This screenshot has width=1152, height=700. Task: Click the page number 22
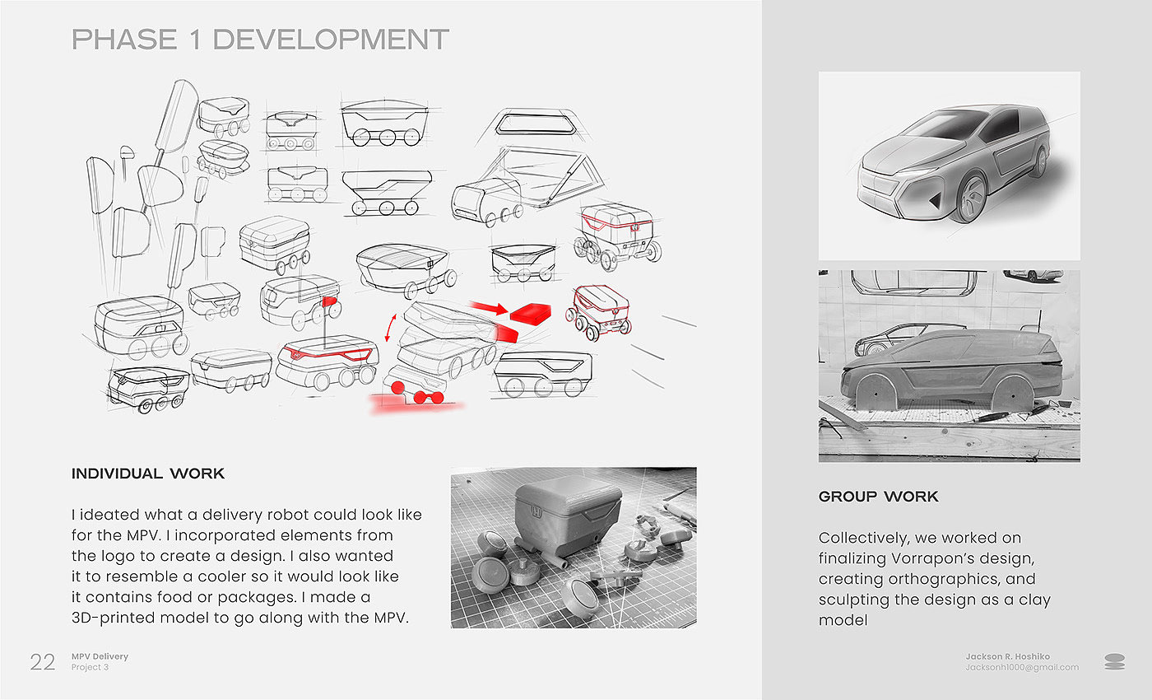[43, 662]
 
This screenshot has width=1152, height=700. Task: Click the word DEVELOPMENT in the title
[331, 40]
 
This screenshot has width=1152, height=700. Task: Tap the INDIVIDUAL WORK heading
[148, 474]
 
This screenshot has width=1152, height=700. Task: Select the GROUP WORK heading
[879, 497]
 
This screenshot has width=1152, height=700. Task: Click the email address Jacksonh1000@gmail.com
[1022, 668]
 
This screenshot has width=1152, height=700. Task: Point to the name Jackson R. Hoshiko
[1007, 656]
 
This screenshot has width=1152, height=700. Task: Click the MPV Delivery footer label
[100, 656]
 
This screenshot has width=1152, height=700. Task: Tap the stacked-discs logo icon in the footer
[1114, 661]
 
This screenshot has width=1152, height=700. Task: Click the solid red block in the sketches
[531, 313]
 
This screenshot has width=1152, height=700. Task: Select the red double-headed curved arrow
[391, 328]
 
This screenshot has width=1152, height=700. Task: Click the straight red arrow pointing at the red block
[489, 307]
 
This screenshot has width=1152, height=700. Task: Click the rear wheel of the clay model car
[1013, 394]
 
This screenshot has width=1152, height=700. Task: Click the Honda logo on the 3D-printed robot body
[537, 512]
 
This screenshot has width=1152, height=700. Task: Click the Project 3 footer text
[90, 667]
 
